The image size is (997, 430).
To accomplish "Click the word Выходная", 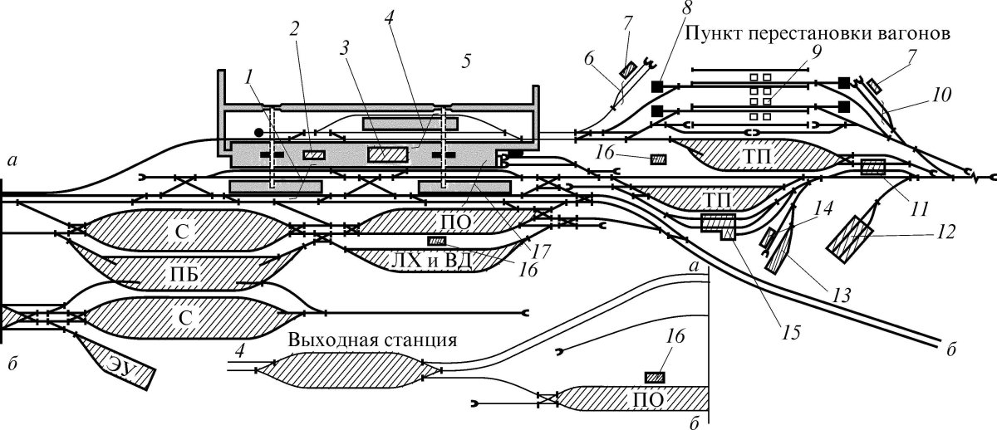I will (323, 342).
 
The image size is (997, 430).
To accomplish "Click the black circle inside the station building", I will (258, 132).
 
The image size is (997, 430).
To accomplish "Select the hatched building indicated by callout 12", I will (849, 239).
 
